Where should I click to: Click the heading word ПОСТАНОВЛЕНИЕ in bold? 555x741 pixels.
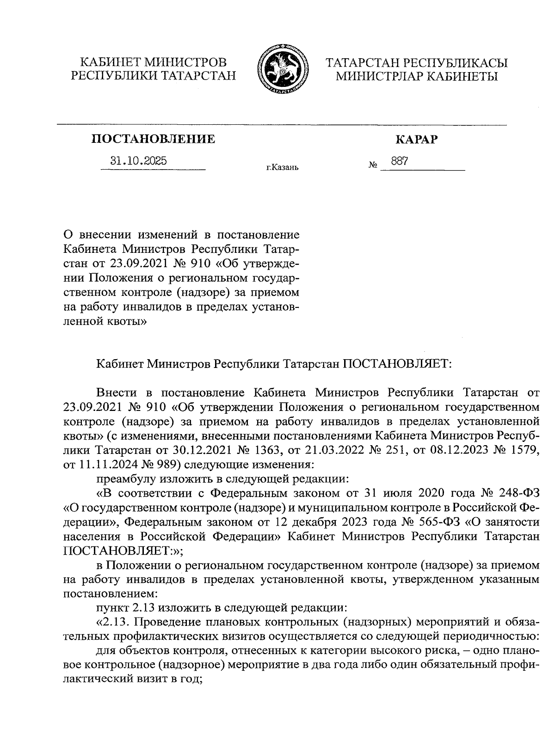153,139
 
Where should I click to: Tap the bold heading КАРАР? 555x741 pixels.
416,139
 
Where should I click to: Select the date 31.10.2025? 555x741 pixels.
139,161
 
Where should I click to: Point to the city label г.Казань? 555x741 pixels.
282,167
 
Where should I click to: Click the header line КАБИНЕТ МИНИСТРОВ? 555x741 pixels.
153,61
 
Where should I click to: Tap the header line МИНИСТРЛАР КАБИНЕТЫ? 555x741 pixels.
416,76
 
